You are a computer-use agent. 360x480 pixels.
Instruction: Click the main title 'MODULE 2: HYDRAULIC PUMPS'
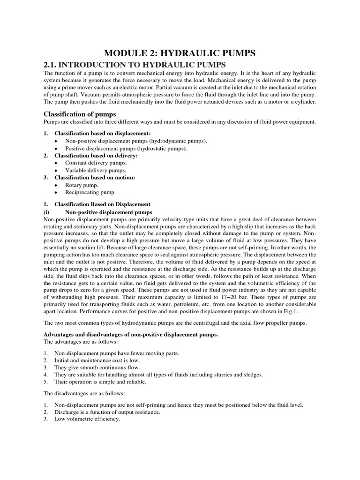(180, 53)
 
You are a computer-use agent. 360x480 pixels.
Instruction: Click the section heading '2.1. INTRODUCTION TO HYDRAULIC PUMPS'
(135, 65)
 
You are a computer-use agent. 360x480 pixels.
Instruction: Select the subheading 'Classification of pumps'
(80, 114)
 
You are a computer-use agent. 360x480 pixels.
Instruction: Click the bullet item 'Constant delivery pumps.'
(96, 163)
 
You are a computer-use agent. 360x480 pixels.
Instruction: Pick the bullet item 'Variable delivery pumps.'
(95, 170)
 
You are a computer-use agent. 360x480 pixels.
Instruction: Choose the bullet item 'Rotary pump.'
(82, 185)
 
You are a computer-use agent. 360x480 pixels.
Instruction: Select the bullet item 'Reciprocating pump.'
(90, 192)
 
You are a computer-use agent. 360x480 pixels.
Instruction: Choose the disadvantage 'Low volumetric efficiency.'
(87, 419)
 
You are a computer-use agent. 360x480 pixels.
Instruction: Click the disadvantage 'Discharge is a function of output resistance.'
(107, 412)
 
